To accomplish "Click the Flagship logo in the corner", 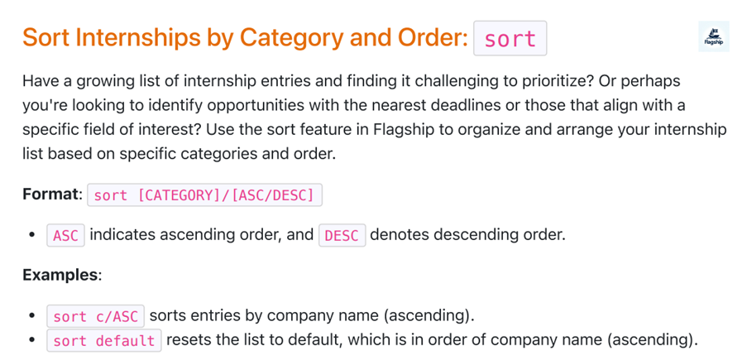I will (x=713, y=36).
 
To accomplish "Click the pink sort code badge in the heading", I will (x=510, y=38).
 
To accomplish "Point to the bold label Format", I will (x=51, y=195).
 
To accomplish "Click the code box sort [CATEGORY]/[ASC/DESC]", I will (x=204, y=195).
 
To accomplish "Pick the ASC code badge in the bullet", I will (x=65, y=235).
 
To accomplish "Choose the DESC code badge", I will (x=342, y=235).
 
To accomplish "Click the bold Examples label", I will (x=60, y=274).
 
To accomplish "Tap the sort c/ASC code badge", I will (x=95, y=316).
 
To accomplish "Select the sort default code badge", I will (x=103, y=340).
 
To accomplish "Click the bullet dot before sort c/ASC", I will (x=32, y=316).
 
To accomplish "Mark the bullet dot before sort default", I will (x=32, y=340).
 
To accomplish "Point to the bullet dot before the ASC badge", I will (x=32, y=235).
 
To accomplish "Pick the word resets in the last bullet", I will (x=188, y=339).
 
